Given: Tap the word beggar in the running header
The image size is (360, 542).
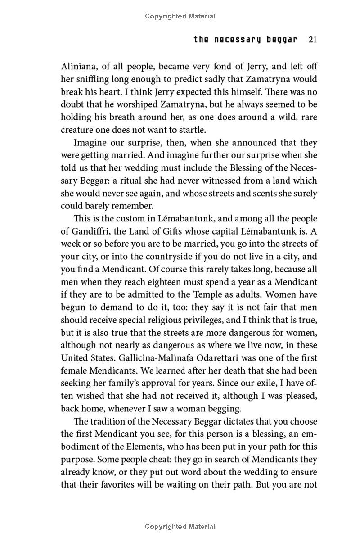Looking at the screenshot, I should (279, 40).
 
